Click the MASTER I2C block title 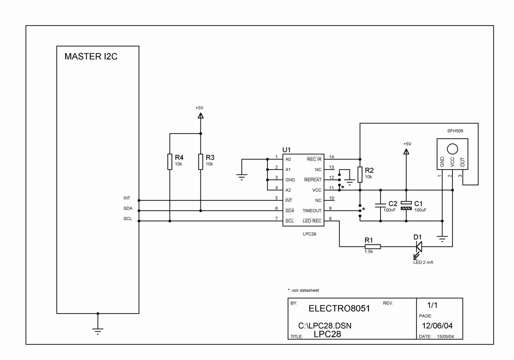[91, 57]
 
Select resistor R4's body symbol [170, 162]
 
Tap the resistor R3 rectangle [200, 162]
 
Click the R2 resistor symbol [360, 174]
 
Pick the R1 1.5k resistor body [372, 246]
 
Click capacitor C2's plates [380, 205]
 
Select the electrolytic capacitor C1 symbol [406, 206]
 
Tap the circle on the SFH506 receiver [452, 149]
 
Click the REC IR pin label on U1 [314, 159]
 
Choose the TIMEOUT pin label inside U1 [312, 211]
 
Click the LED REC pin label [312, 221]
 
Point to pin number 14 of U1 [331, 157]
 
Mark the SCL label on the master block [127, 219]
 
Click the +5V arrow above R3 [200, 115]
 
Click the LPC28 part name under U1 [310, 234]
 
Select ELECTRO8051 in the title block [339, 309]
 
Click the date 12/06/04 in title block [437, 326]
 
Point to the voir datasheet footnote [303, 290]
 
